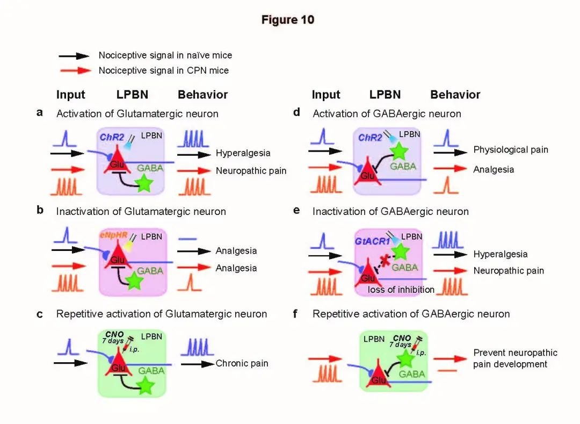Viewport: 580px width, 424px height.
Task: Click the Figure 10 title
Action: click(287, 20)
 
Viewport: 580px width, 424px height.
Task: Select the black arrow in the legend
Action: click(74, 55)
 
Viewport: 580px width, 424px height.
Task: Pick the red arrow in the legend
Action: click(74, 70)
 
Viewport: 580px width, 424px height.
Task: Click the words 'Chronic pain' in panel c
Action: click(242, 363)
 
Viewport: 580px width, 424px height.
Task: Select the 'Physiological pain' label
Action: click(510, 149)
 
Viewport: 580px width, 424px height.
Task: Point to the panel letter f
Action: click(295, 314)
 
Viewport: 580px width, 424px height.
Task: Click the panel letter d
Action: click(296, 113)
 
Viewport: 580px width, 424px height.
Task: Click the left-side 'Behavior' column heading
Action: click(202, 95)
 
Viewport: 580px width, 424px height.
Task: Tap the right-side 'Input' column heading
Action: click(326, 95)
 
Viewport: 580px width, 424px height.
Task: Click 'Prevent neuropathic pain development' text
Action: click(514, 358)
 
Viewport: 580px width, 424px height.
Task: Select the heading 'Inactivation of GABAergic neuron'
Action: click(390, 211)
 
